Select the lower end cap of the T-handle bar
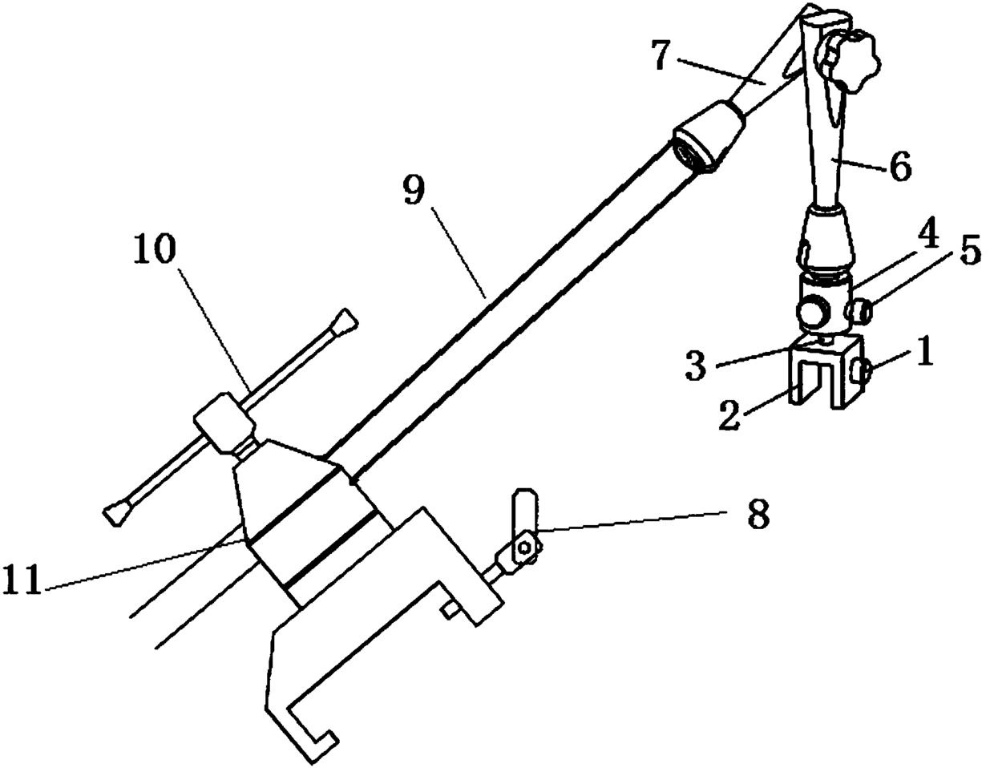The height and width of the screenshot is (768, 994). [x=117, y=513]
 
